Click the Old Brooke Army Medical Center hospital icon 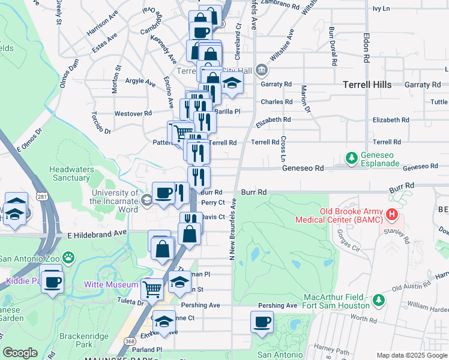tap(392, 214)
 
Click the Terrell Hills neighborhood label tap(367, 85)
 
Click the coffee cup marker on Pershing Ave tap(262, 323)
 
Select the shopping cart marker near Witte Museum tap(152, 289)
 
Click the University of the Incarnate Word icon tap(146, 201)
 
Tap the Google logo tap(20, 353)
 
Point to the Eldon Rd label tap(366, 48)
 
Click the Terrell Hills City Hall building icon tap(262, 70)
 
